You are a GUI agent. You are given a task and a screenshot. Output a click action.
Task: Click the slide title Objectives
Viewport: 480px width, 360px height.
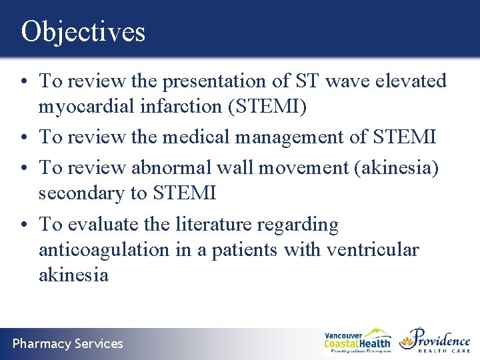tap(83, 31)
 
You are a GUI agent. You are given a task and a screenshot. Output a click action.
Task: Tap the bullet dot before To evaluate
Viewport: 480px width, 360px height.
tap(24, 225)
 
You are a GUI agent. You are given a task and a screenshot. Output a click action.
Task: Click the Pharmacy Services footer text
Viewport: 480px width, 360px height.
tap(68, 344)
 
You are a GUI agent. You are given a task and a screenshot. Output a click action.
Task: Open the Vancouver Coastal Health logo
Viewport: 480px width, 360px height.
tap(357, 341)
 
